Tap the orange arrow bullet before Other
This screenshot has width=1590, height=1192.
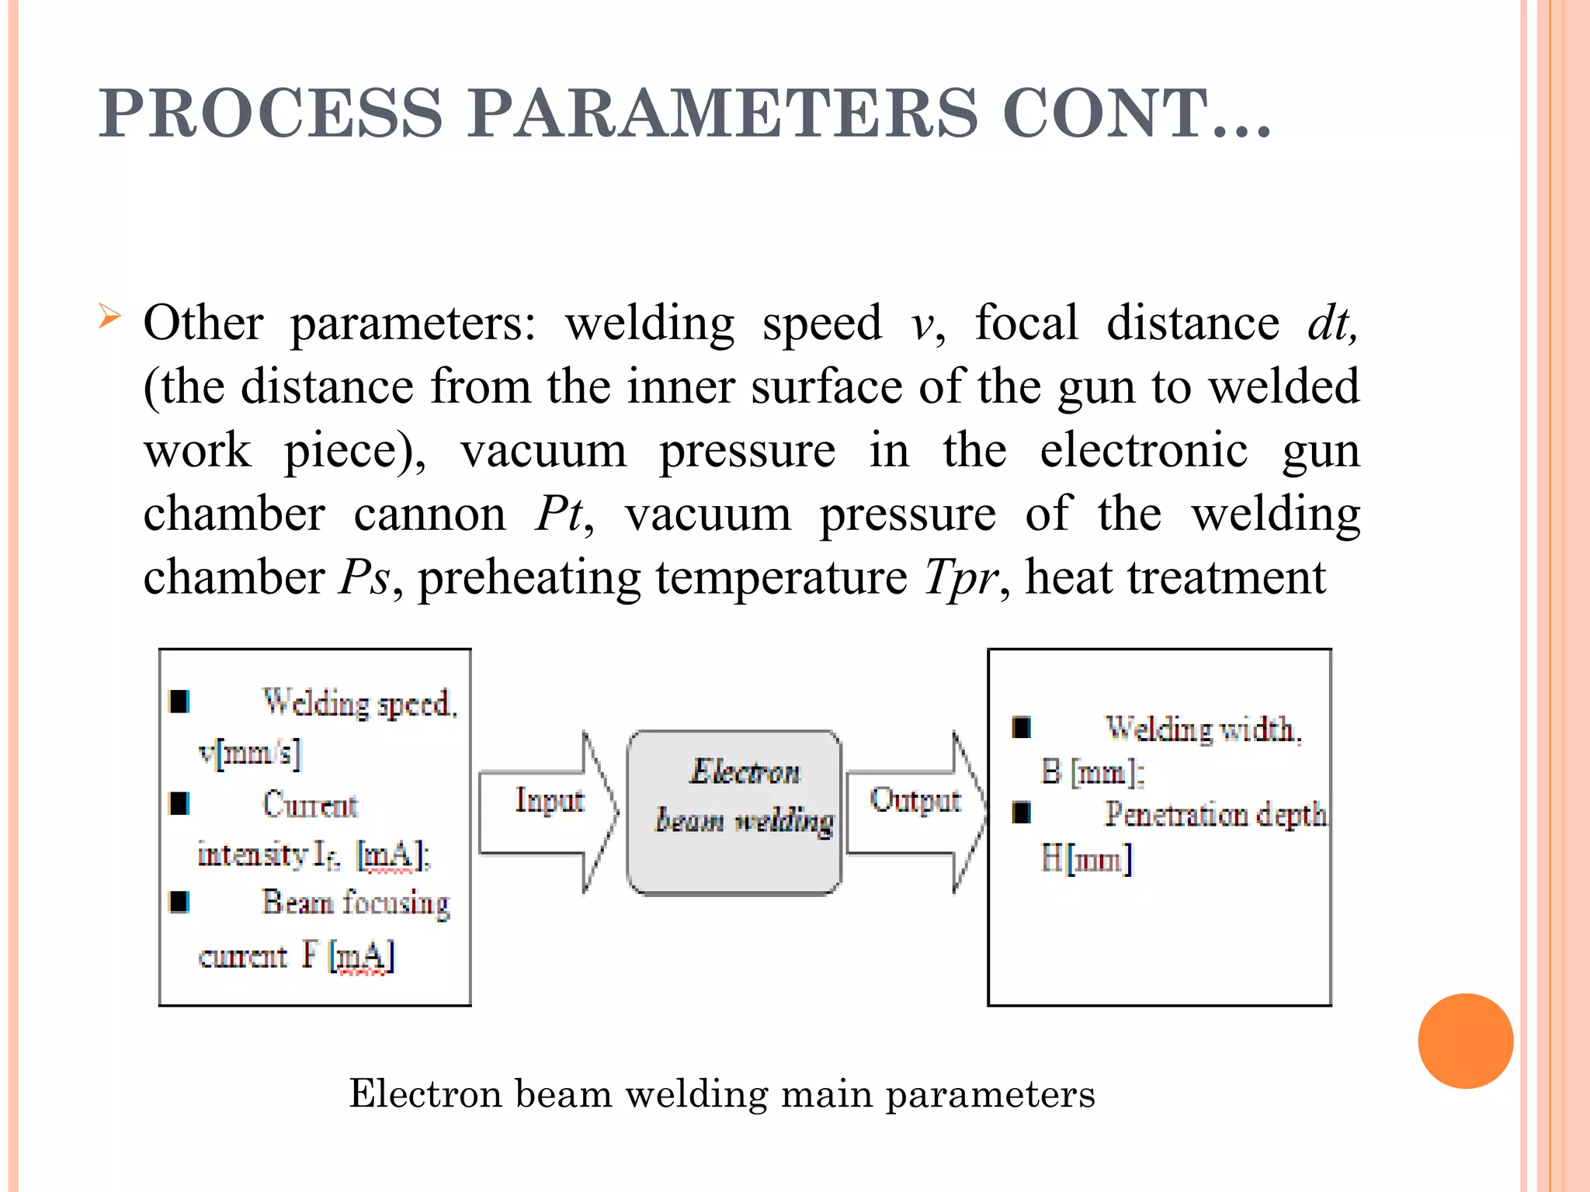[110, 317]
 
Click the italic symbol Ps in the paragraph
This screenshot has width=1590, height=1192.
[363, 578]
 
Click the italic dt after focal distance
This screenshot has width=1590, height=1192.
[1331, 324]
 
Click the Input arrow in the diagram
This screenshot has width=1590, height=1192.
[548, 811]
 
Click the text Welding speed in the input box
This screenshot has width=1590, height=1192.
[359, 703]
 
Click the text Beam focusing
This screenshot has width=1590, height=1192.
[356, 903]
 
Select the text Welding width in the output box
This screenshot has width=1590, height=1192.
[1203, 729]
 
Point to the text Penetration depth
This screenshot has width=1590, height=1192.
[1215, 814]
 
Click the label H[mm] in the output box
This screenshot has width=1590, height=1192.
[1086, 860]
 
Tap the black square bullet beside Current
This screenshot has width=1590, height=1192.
[179, 804]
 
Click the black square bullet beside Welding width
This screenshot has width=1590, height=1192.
[1021, 728]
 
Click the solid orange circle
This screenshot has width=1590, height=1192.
[1465, 1041]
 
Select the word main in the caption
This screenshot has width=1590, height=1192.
[828, 1094]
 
